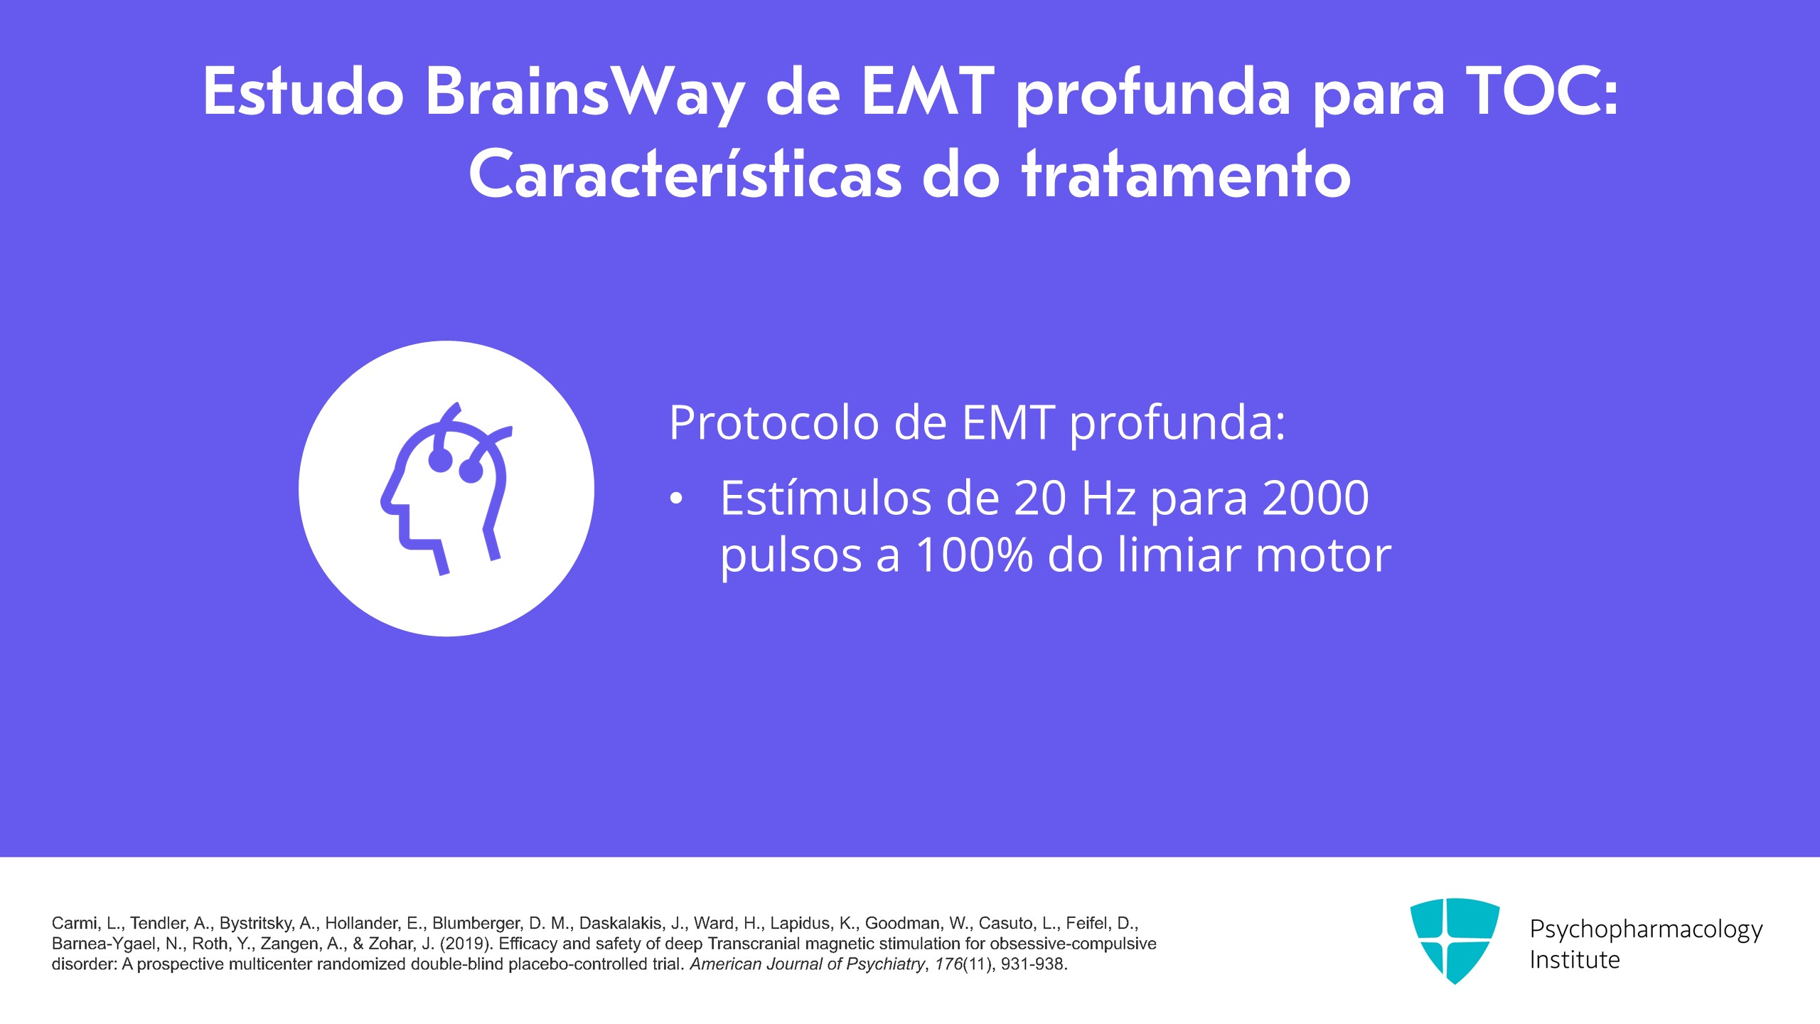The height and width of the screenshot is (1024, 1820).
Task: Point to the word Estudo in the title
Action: pyautogui.click(x=304, y=92)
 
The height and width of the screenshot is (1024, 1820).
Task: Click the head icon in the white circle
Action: pyautogui.click(x=446, y=489)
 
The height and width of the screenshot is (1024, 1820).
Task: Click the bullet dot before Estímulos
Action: pyautogui.click(x=676, y=499)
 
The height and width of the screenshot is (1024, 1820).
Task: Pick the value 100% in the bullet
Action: pyautogui.click(x=974, y=555)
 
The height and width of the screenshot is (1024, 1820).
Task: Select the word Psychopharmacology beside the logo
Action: pyautogui.click(x=1646, y=930)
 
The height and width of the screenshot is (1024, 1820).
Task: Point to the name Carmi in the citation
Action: pyautogui.click(x=75, y=923)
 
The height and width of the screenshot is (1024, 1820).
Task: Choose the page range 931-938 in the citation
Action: pyautogui.click(x=1032, y=964)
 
